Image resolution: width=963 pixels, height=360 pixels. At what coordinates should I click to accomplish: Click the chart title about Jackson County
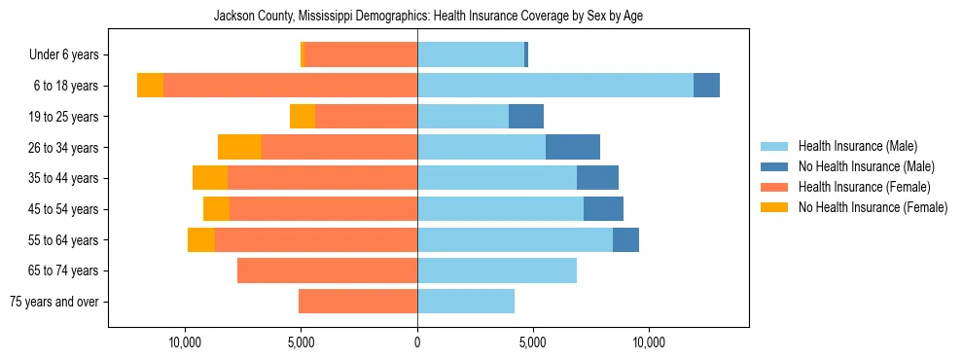click(x=428, y=16)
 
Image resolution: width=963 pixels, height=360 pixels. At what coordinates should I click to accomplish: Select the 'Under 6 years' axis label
click(x=69, y=55)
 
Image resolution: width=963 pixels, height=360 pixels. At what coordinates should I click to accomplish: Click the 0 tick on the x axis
click(x=417, y=342)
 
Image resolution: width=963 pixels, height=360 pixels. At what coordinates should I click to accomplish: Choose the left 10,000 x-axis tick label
click(x=185, y=342)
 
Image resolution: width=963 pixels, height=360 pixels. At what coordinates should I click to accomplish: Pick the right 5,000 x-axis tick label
click(x=532, y=342)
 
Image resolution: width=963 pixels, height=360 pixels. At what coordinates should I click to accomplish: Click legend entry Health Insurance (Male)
click(x=857, y=146)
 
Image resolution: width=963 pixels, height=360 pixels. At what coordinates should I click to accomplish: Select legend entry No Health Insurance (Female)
click(x=873, y=207)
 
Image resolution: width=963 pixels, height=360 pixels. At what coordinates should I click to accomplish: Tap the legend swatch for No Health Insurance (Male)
click(x=775, y=166)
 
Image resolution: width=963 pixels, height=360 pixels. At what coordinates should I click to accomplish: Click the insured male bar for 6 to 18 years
click(x=554, y=86)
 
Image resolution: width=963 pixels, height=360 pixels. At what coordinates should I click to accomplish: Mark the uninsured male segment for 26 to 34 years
click(x=573, y=147)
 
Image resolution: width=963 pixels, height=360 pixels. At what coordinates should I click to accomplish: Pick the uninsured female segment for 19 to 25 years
click(x=303, y=117)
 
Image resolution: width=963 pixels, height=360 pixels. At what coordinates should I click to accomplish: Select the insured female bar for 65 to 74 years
click(x=327, y=270)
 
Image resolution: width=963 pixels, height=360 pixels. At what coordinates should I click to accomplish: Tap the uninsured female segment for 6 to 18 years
click(x=150, y=86)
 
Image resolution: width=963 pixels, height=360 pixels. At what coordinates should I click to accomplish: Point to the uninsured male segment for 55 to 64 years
click(x=625, y=239)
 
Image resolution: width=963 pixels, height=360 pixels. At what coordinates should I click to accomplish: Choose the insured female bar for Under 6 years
click(x=361, y=55)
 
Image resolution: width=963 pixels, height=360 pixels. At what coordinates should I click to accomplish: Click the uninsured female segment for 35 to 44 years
click(x=210, y=178)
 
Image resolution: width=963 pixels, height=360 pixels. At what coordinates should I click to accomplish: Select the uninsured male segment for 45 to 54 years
click(x=603, y=209)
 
